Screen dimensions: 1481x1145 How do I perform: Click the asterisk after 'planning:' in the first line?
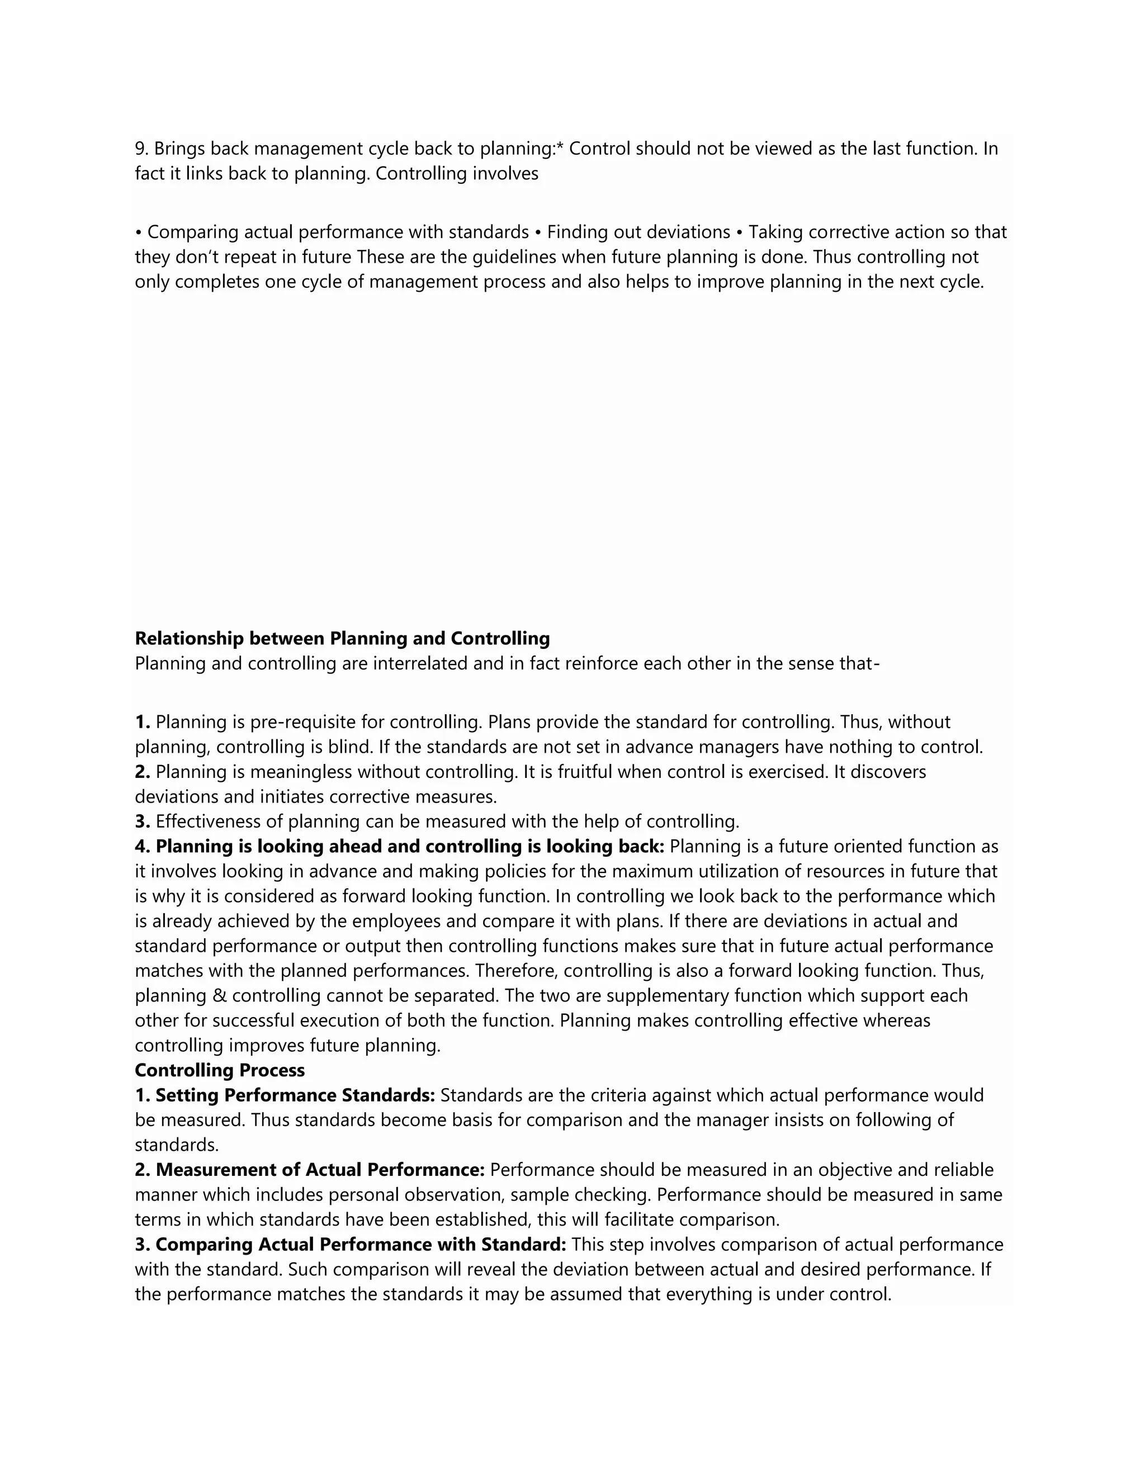[x=560, y=147]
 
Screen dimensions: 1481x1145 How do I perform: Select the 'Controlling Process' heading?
[x=220, y=1070]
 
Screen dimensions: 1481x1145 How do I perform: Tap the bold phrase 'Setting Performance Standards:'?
[x=295, y=1095]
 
